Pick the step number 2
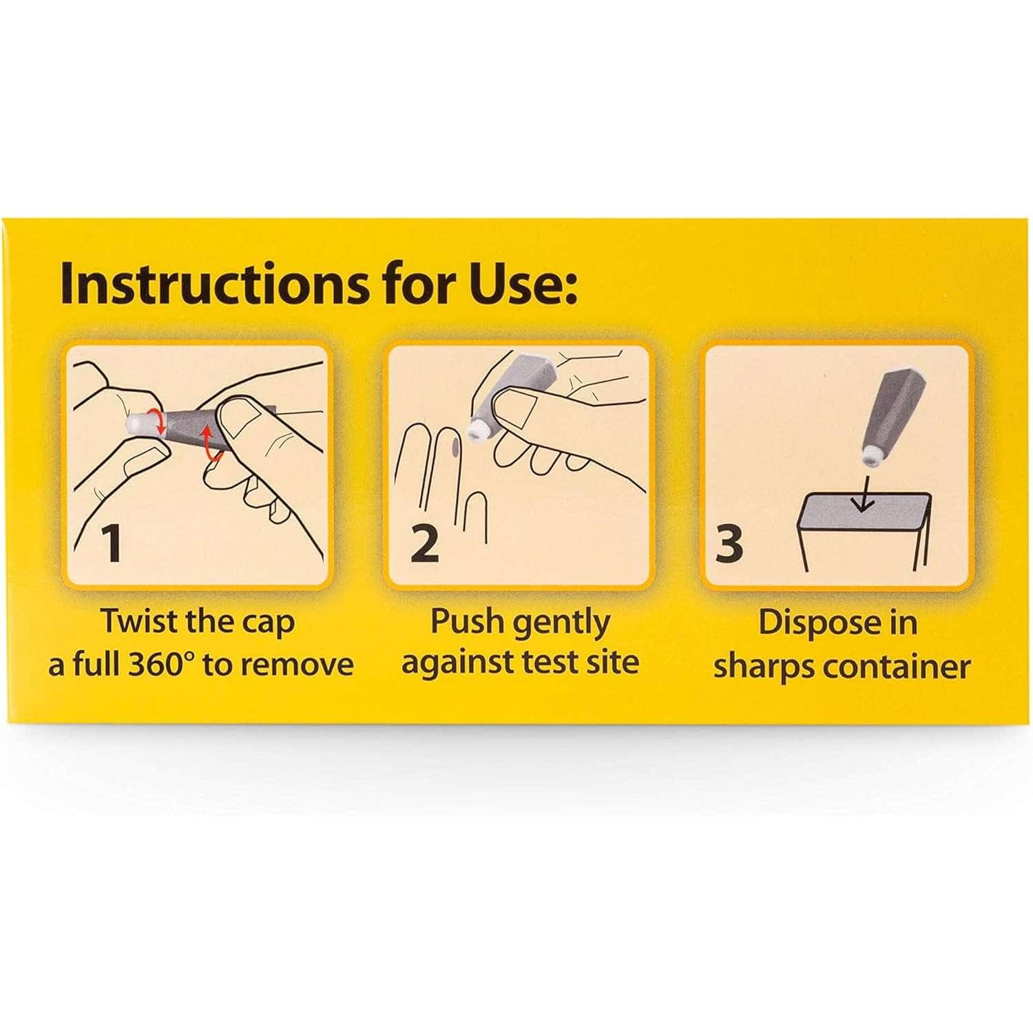tap(424, 543)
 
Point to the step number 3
tap(729, 543)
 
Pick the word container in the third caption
tap(895, 665)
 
